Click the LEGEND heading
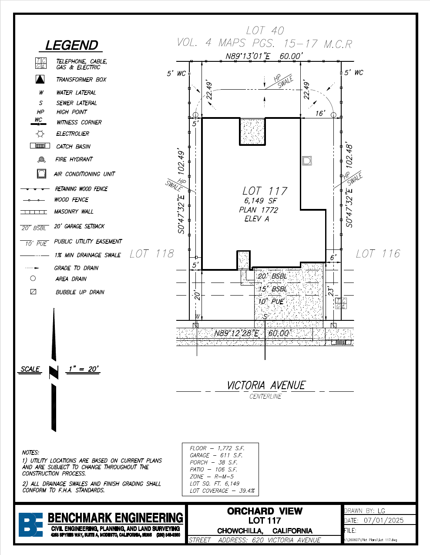tap(72, 45)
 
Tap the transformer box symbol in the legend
tap(40, 79)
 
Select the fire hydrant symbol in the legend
tap(42, 160)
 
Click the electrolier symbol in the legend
tap(40, 134)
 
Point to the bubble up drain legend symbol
tap(33, 292)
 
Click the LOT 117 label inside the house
tap(265, 191)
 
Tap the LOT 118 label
tap(151, 254)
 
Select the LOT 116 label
tap(378, 254)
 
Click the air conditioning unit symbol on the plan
tap(307, 160)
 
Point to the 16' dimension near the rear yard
tap(320, 113)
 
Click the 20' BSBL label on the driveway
tap(272, 276)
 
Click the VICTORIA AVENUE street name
tap(266, 385)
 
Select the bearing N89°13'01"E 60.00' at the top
tap(263, 56)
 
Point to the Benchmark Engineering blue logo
tap(30, 525)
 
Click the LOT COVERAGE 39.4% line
tap(222, 491)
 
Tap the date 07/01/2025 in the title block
tap(383, 520)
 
